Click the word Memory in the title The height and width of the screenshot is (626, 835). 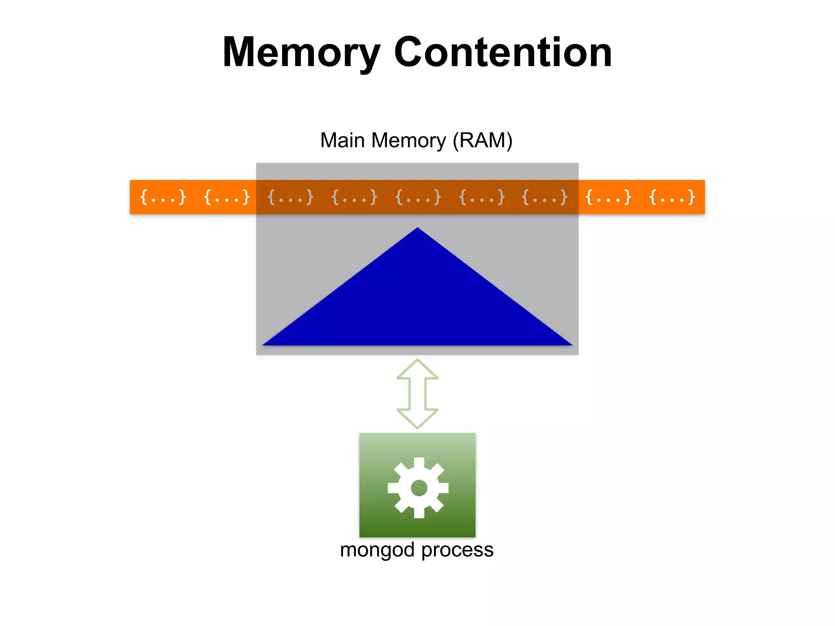point(301,53)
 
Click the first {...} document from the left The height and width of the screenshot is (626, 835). point(163,197)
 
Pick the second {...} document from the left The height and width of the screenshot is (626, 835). point(227,197)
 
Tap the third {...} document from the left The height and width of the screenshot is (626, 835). point(290,197)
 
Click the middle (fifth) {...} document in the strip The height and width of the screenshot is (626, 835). point(418,197)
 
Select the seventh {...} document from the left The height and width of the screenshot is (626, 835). point(545,197)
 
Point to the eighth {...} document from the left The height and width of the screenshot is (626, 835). point(608,197)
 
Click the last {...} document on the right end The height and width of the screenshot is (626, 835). point(672,197)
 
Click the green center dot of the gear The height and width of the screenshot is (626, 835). point(419,488)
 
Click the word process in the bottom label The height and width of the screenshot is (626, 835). point(457,550)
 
